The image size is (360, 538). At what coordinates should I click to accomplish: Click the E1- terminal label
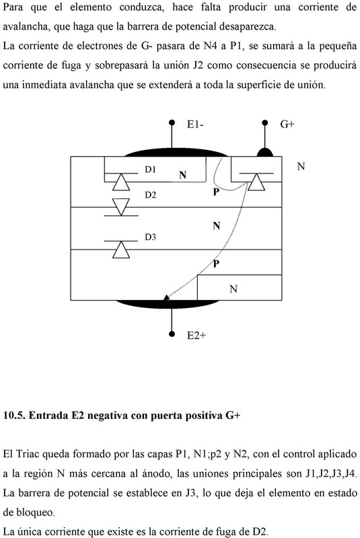[195, 124]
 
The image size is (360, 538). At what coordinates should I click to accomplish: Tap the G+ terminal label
[287, 124]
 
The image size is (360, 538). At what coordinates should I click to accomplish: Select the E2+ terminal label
[196, 335]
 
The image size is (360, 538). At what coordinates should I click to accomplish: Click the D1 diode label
[150, 169]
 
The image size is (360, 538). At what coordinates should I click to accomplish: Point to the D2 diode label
[150, 195]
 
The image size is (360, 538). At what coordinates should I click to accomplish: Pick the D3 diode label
[150, 237]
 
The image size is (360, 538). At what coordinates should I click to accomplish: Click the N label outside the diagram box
[301, 166]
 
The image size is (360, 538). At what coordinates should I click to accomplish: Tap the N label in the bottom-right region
[233, 289]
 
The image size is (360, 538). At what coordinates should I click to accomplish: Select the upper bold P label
[216, 192]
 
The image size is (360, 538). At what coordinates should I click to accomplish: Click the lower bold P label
[216, 264]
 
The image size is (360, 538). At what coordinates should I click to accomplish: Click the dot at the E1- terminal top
[172, 122]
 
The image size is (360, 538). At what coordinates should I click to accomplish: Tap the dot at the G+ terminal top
[264, 122]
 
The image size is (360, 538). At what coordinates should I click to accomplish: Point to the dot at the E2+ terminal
[172, 334]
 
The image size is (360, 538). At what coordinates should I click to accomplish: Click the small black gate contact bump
[265, 153]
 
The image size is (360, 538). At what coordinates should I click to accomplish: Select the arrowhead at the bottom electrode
[166, 297]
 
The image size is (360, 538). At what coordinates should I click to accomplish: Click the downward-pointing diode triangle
[121, 207]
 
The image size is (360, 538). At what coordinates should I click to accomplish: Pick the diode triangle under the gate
[256, 182]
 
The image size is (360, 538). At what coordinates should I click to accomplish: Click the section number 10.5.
[14, 416]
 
